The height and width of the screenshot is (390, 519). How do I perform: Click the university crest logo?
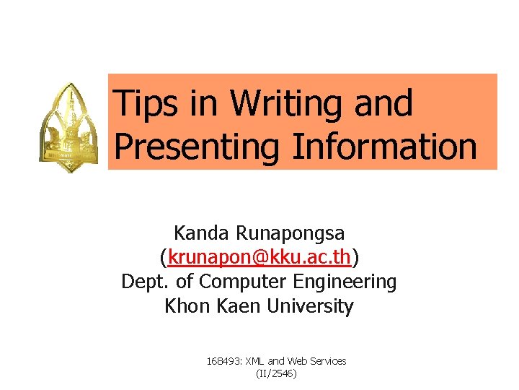click(70, 126)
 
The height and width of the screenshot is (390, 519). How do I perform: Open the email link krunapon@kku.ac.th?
click(259, 257)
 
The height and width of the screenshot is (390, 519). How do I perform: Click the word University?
click(311, 305)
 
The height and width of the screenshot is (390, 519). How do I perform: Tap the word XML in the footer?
click(255, 360)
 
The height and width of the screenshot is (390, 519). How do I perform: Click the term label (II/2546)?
click(276, 373)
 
